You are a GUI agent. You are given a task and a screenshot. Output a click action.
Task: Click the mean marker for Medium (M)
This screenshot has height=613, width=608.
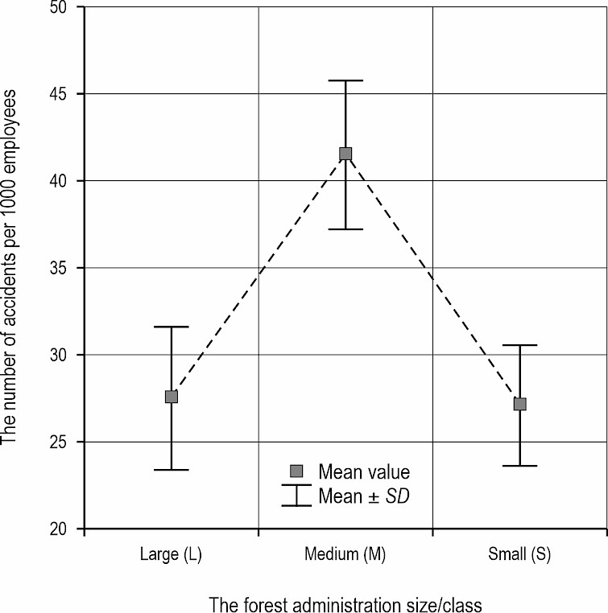345,154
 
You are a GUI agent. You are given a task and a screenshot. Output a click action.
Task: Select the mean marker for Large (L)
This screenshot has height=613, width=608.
172,397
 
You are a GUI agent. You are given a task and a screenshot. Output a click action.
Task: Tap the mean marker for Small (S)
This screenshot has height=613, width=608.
519,404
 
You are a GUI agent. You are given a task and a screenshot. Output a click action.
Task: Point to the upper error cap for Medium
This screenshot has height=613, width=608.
345,80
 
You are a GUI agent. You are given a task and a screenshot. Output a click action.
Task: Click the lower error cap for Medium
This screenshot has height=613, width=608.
345,229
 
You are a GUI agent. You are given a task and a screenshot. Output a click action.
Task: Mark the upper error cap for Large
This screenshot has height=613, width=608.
172,327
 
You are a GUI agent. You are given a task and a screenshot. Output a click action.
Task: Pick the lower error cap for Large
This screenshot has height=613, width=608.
172,470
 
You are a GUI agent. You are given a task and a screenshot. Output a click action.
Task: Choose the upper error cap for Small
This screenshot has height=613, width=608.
519,345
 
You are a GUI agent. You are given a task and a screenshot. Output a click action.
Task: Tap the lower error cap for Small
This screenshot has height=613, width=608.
519,466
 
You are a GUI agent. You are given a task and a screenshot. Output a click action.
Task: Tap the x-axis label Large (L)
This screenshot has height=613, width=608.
172,554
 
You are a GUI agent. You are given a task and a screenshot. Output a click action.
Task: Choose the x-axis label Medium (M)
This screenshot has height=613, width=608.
345,554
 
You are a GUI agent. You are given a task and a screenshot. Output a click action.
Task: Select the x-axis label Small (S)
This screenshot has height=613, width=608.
519,554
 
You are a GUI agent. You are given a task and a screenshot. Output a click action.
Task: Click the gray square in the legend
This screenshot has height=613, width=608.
296,471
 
